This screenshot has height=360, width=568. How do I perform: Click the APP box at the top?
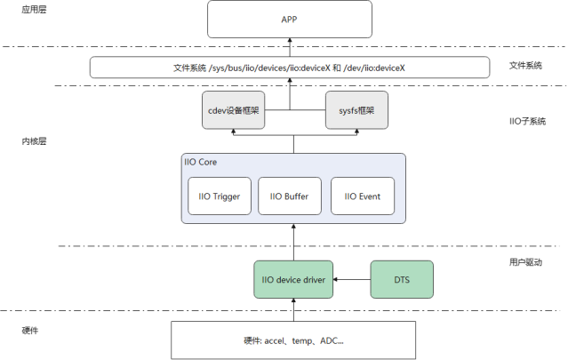click(289, 19)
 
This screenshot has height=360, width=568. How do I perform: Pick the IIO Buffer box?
click(290, 196)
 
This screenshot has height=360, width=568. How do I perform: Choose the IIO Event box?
click(363, 196)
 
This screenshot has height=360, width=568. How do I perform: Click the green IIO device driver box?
click(293, 280)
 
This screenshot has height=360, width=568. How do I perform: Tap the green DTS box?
click(401, 280)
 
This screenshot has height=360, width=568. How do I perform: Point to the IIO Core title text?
click(200, 163)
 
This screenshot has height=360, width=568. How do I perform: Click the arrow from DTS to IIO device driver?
click(351, 280)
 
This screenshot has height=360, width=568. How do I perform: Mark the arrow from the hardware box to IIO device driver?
click(293, 309)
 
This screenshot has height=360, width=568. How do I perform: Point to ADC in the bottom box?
click(330, 340)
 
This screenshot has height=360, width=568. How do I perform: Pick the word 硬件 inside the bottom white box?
click(251, 340)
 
